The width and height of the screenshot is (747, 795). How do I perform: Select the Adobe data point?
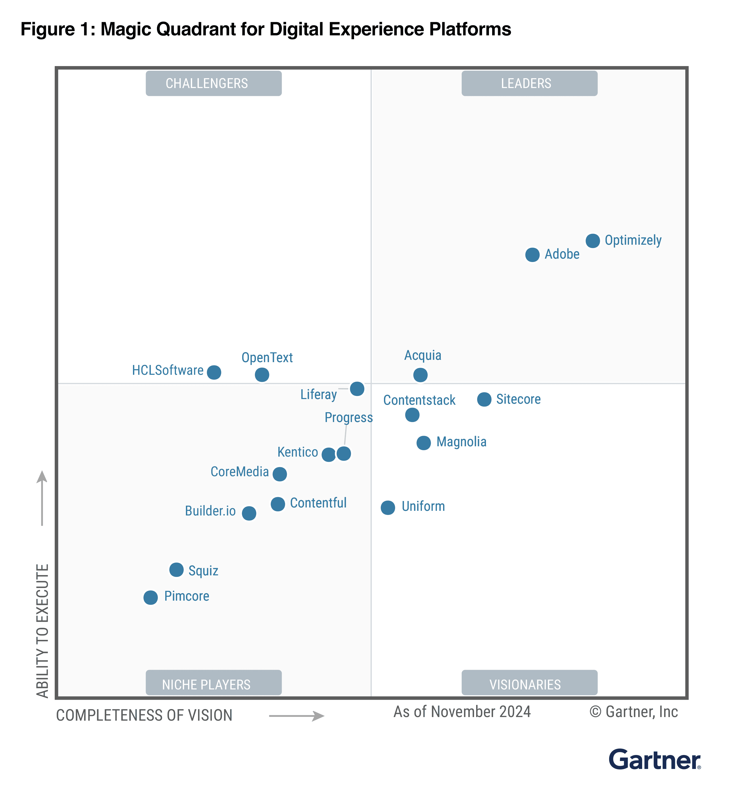pyautogui.click(x=532, y=255)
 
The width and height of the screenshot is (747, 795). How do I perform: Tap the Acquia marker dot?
pyautogui.click(x=420, y=375)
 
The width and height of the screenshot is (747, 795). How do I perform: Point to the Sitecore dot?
pyautogui.click(x=484, y=399)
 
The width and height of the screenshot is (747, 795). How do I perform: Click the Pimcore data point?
pyautogui.click(x=151, y=598)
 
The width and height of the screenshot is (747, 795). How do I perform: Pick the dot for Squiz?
pyautogui.click(x=176, y=569)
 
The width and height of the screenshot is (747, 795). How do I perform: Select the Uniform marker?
pyautogui.click(x=388, y=507)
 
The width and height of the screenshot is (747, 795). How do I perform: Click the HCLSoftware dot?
pyautogui.click(x=214, y=372)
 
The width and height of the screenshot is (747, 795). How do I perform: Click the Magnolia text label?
pyautogui.click(x=461, y=442)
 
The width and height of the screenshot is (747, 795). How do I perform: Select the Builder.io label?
pyautogui.click(x=210, y=511)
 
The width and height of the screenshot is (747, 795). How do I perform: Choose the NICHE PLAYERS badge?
pyautogui.click(x=213, y=684)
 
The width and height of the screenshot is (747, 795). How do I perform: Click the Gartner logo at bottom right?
pyautogui.click(x=654, y=760)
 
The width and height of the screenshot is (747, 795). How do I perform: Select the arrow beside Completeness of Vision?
pyautogui.click(x=296, y=716)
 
